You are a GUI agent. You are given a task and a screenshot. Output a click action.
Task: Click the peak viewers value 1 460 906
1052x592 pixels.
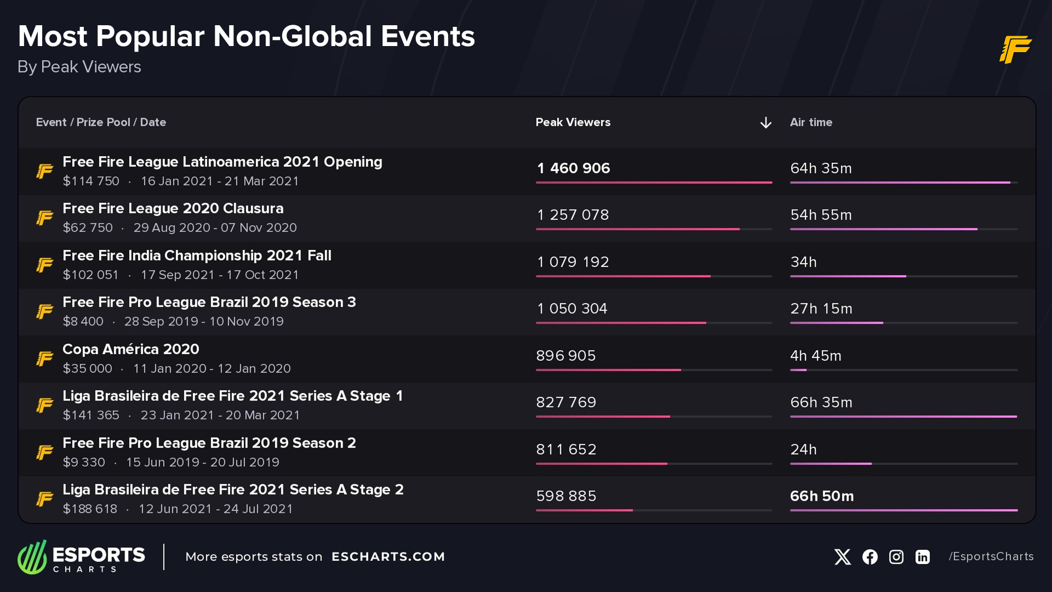click(x=573, y=168)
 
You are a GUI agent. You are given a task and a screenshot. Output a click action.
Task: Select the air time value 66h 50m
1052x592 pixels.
click(x=821, y=496)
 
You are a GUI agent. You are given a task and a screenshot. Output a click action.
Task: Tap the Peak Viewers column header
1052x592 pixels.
click(x=573, y=122)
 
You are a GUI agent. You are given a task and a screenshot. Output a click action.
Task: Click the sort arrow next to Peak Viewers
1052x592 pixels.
click(x=765, y=123)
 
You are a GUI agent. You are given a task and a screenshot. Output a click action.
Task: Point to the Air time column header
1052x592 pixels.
click(x=810, y=122)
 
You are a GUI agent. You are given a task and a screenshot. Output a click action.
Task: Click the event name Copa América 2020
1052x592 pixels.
click(x=130, y=349)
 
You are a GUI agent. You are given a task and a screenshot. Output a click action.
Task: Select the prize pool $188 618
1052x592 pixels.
click(x=90, y=509)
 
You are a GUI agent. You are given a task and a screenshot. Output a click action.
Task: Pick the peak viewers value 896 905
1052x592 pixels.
click(x=565, y=356)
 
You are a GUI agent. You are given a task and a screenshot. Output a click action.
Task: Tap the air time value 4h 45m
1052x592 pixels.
click(x=815, y=356)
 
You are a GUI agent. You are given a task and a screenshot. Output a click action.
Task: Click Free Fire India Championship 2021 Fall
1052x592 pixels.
click(x=197, y=255)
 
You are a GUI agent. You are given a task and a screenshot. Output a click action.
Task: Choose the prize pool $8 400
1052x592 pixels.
click(x=83, y=321)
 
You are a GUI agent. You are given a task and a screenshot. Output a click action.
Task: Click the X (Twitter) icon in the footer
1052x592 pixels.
click(x=842, y=557)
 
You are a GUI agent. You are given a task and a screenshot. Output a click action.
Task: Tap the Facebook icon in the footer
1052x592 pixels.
click(x=870, y=557)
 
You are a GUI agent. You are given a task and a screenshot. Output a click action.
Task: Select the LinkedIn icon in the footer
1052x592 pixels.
click(x=922, y=557)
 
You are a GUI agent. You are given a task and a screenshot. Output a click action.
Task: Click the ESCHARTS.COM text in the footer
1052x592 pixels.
click(x=388, y=556)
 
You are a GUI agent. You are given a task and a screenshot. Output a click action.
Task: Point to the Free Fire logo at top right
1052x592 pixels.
click(x=1015, y=49)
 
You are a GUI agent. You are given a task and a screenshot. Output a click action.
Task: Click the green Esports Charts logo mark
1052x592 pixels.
click(x=32, y=557)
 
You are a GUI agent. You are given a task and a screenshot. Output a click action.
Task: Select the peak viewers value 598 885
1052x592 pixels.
click(x=565, y=496)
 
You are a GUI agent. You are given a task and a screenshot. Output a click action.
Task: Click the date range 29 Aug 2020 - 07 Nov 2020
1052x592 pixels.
click(x=215, y=227)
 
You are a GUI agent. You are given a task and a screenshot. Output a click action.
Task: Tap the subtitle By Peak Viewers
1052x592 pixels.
click(x=79, y=67)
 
